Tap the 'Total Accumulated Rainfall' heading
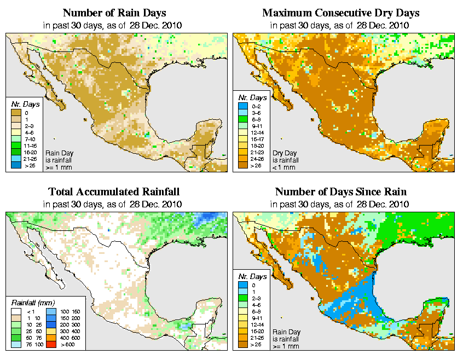(x=114, y=192)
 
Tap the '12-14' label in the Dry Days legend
(x=257, y=133)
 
